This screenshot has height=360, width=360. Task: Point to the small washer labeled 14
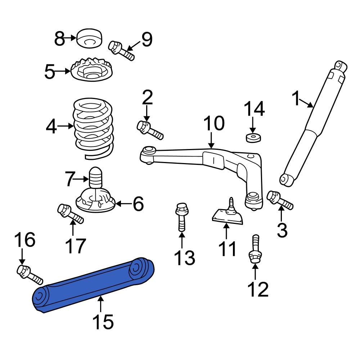253,137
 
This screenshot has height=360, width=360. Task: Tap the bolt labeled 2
150,130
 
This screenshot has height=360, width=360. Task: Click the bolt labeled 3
280,200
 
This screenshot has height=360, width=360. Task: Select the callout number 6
138,204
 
